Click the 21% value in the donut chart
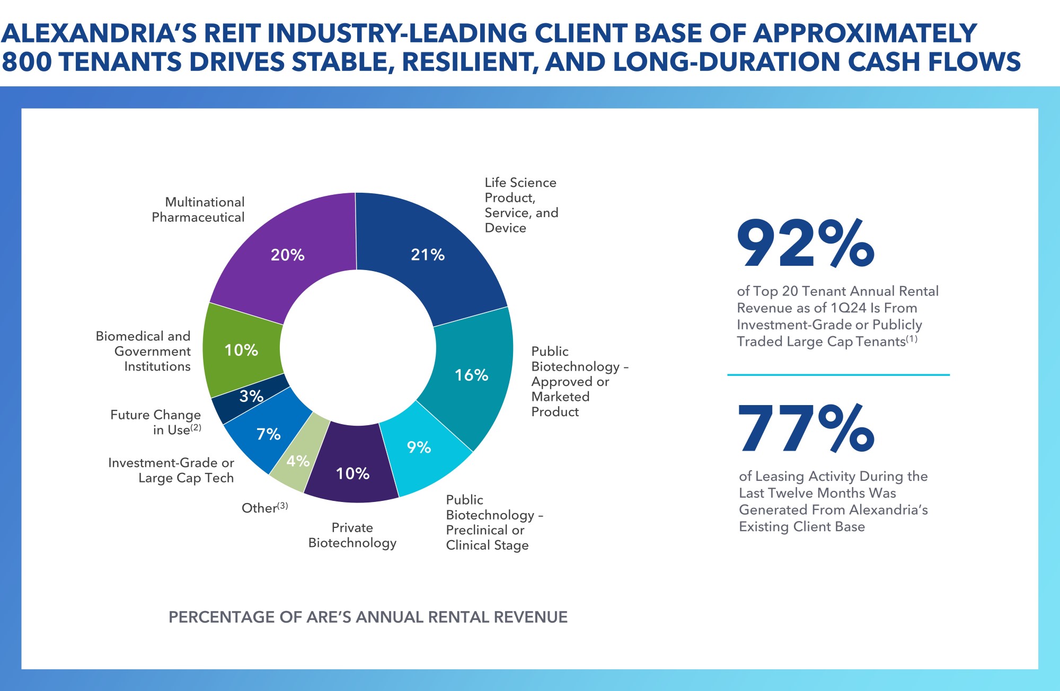point(428,255)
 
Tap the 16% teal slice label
point(471,375)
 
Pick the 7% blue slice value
point(268,434)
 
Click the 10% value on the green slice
point(241,350)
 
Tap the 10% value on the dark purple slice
point(352,473)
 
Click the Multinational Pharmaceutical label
point(198,210)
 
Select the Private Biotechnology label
point(352,535)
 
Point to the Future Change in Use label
point(156,422)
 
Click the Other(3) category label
point(264,508)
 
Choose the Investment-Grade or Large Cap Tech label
point(171,470)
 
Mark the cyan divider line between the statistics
point(838,375)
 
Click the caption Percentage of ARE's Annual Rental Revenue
point(368,617)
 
